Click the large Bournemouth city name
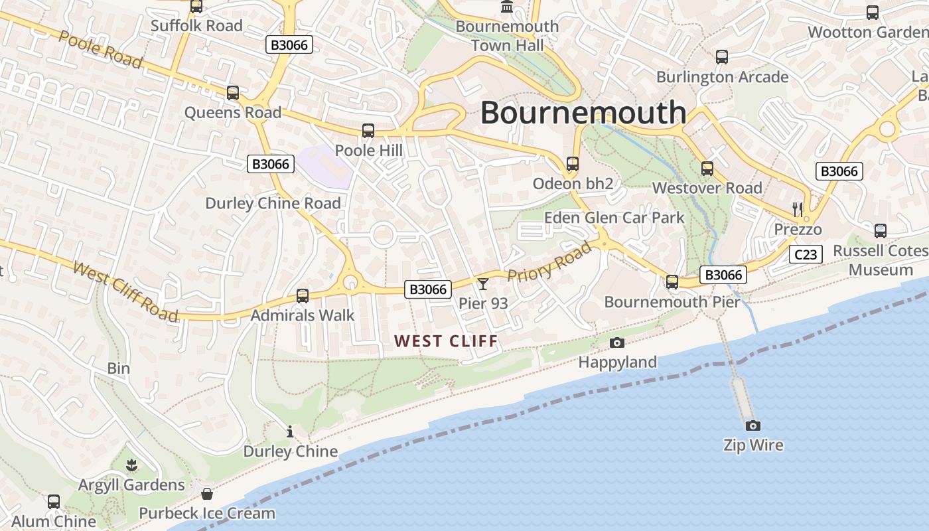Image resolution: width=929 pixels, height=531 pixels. pyautogui.click(x=583, y=112)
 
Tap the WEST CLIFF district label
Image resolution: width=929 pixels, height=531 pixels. pyautogui.click(x=446, y=341)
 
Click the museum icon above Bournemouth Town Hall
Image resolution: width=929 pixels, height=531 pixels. pyautogui.click(x=508, y=7)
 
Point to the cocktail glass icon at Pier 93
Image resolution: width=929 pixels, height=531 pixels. pyautogui.click(x=483, y=284)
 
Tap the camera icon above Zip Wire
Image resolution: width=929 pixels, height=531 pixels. pyautogui.click(x=752, y=425)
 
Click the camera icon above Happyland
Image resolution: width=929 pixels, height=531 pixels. pyautogui.click(x=617, y=342)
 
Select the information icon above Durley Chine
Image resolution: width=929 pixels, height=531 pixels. pyautogui.click(x=290, y=432)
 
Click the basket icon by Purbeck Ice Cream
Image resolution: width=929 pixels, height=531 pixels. pyautogui.click(x=207, y=494)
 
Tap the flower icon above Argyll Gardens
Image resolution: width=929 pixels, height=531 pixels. pyautogui.click(x=131, y=465)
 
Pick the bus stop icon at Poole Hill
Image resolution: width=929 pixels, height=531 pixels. pyautogui.click(x=368, y=131)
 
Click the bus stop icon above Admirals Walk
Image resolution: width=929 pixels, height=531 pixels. pyautogui.click(x=303, y=296)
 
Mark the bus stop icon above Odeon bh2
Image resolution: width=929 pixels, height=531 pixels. pyautogui.click(x=572, y=164)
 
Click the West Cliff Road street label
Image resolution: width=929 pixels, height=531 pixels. pyautogui.click(x=125, y=291)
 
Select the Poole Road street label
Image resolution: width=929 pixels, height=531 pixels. pyautogui.click(x=100, y=49)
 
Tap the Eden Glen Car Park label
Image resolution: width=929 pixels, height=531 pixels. pyautogui.click(x=614, y=218)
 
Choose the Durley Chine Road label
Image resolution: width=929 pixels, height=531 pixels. pyautogui.click(x=273, y=203)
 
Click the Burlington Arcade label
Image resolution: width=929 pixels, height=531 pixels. pyautogui.click(x=722, y=77)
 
